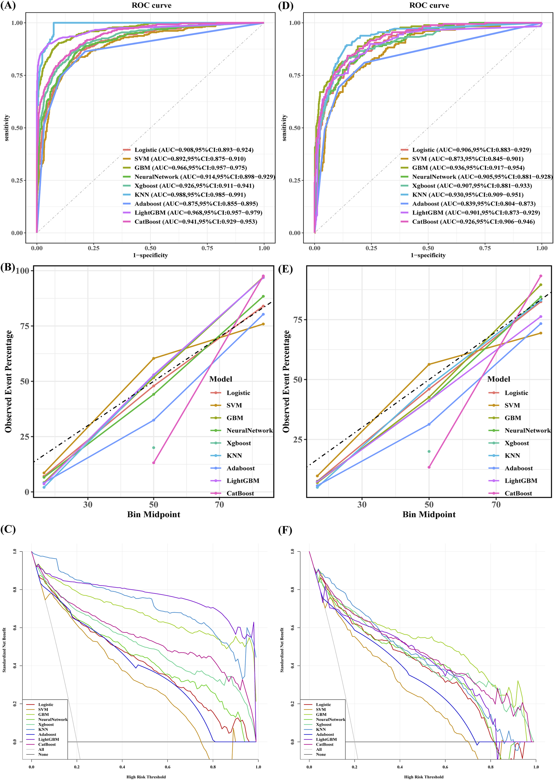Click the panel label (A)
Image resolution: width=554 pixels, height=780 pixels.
[8, 6]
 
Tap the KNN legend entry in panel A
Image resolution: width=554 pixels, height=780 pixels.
[189, 195]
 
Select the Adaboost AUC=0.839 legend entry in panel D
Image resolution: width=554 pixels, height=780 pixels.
[474, 203]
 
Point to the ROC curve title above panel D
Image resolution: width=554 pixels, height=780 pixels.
[429, 5]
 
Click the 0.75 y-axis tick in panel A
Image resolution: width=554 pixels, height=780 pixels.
[17, 75]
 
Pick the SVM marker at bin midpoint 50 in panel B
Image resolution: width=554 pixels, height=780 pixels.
[153, 358]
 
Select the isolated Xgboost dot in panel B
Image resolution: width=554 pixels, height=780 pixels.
[153, 448]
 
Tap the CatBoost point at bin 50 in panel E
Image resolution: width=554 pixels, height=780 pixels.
[429, 467]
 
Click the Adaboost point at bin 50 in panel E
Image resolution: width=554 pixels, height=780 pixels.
[429, 424]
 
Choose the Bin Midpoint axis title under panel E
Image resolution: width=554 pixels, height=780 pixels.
[429, 514]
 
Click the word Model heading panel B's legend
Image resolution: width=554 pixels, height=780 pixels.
[221, 379]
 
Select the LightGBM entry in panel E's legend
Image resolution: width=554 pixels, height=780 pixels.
[520, 481]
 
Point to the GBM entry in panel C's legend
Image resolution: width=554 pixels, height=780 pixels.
[43, 714]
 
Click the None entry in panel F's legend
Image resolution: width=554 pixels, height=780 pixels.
[321, 754]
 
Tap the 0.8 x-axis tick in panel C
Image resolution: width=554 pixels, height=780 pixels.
[213, 767]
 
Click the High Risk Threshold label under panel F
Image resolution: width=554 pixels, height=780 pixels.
[424, 777]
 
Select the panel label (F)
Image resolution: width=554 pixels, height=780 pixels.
[285, 530]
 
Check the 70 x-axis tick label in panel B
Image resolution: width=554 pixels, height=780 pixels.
[219, 504]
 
